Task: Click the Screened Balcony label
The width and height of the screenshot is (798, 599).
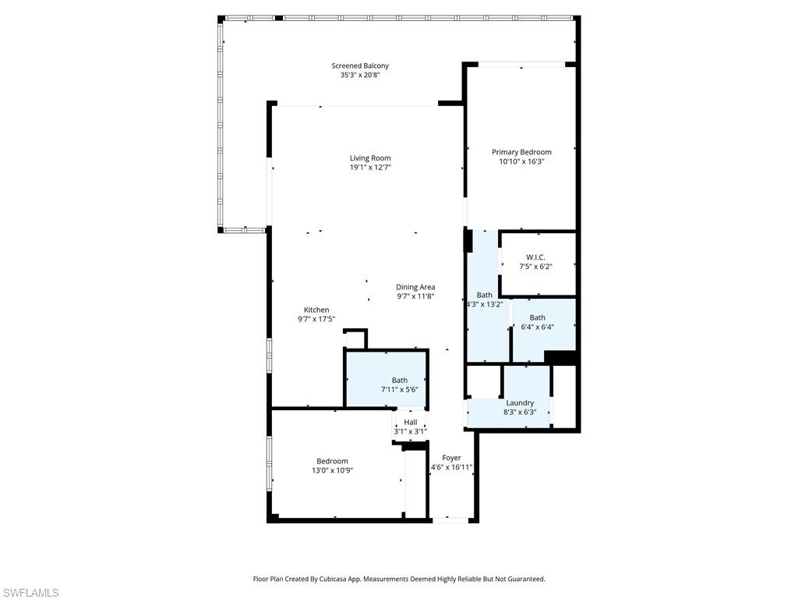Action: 359,66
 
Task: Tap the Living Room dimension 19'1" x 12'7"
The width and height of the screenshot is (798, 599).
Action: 369,167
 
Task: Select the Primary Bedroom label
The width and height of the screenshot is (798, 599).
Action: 521,152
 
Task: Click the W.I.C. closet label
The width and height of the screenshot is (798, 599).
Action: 535,257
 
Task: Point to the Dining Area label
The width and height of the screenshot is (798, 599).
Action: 415,287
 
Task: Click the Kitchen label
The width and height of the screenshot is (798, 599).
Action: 316,310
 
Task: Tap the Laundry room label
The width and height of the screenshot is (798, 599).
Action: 520,402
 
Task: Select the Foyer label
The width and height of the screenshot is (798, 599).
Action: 451,458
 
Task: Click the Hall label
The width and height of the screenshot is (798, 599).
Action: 410,422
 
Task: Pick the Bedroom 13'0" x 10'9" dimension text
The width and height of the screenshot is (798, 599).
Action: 332,470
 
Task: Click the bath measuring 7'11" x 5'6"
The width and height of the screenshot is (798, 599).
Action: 399,385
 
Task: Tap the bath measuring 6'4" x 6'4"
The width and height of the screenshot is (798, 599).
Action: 537,322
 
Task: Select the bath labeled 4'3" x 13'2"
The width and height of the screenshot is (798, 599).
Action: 485,299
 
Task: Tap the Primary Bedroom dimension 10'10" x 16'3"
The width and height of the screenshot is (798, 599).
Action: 521,161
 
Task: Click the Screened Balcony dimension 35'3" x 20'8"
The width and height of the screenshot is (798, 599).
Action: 359,75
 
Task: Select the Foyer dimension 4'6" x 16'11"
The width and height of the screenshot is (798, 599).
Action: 451,467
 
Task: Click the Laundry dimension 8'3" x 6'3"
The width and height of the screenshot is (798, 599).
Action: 520,412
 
